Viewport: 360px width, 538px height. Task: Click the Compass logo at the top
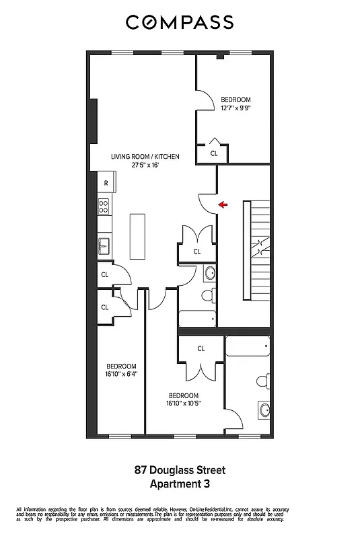click(x=180, y=22)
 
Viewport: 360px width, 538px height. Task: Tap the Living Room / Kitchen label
click(x=145, y=156)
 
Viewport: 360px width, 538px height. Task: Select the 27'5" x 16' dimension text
click(x=145, y=165)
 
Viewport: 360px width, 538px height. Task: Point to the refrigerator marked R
click(x=106, y=183)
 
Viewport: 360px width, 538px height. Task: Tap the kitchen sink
click(x=104, y=245)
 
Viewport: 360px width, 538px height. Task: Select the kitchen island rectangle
click(x=137, y=236)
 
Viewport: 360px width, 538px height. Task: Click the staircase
click(x=255, y=251)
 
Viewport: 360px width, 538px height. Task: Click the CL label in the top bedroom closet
click(x=214, y=153)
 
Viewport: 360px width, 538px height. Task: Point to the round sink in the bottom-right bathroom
click(x=265, y=410)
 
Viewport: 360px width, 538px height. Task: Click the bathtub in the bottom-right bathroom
click(x=248, y=346)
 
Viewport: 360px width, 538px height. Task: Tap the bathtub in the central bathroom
click(x=199, y=317)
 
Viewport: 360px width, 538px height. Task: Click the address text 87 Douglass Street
click(x=180, y=470)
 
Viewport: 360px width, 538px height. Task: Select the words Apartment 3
click(x=180, y=483)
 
